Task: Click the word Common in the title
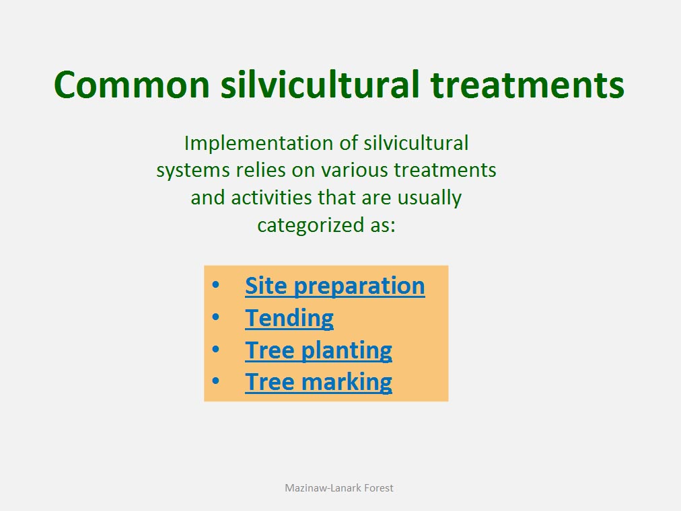point(132,84)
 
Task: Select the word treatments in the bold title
point(528,85)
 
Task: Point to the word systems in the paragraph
point(193,171)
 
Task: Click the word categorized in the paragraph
point(310,225)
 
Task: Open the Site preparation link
point(335,286)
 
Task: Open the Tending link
point(289,319)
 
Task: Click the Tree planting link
point(318,350)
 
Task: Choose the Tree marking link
point(318,382)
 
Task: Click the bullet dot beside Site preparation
point(216,285)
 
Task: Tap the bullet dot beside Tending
point(216,317)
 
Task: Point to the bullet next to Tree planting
point(216,349)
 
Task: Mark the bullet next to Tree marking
point(216,381)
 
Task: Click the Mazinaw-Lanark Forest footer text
point(338,488)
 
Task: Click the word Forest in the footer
point(379,488)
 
